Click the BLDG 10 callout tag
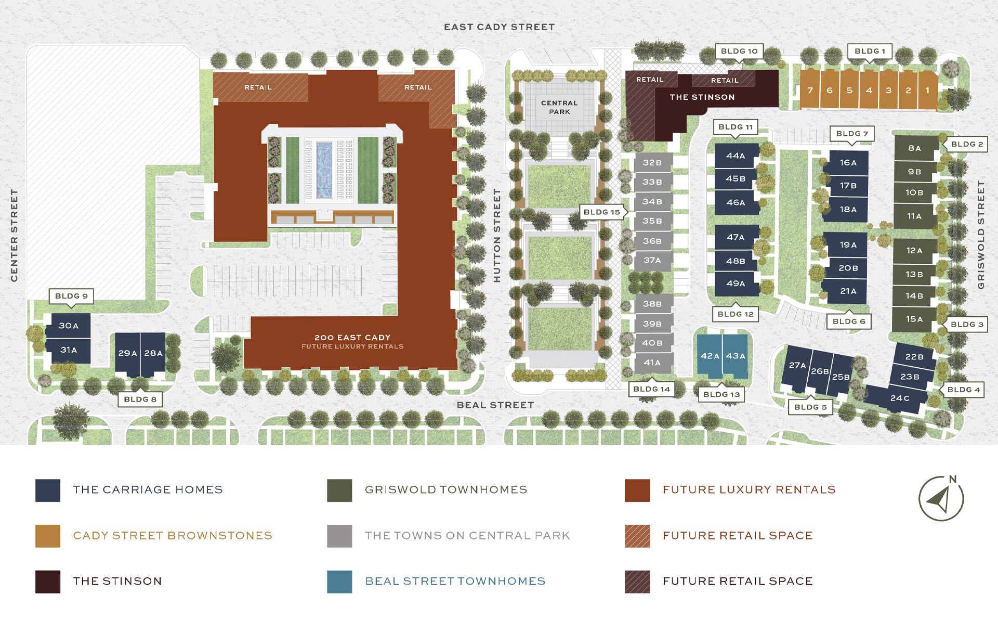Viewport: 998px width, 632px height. point(739,51)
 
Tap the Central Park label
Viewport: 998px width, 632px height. point(559,107)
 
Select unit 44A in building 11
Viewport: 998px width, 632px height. point(736,156)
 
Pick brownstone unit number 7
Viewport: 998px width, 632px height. point(810,91)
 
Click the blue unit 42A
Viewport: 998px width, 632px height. point(710,356)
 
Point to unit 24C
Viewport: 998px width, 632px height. point(899,398)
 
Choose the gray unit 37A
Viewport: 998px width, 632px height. point(652,260)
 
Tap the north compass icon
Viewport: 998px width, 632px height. point(941,498)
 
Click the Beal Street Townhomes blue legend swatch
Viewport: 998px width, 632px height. point(339,582)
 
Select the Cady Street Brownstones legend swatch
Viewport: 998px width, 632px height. point(48,536)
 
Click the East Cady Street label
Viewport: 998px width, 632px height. point(499,27)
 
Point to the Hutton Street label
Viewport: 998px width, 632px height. point(497,236)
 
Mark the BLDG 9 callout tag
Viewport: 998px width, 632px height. point(71,296)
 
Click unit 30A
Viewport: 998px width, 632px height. point(68,326)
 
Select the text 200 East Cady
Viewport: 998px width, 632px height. point(352,338)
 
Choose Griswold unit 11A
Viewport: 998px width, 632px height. point(914,216)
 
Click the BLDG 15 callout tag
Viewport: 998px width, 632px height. point(601,212)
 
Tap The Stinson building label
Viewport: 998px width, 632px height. point(702,97)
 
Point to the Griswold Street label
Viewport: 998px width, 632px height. point(981,235)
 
